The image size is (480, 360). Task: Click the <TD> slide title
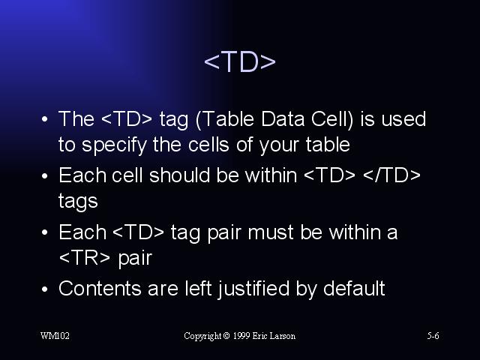tap(240, 61)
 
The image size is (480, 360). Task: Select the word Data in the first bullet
tap(283, 118)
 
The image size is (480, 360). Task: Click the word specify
tap(114, 145)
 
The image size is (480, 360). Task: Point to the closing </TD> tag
tap(391, 175)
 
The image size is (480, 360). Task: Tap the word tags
tap(78, 202)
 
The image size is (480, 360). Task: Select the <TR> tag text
tap(85, 258)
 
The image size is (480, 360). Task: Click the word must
tap(271, 232)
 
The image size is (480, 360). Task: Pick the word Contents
tap(100, 288)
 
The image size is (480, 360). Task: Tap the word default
tap(354, 288)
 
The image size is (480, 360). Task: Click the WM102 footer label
tap(55, 336)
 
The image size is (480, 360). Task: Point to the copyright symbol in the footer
tap(226, 336)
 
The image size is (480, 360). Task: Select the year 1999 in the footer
tap(241, 336)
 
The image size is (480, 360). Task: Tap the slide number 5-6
tap(433, 336)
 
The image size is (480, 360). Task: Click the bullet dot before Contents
tap(45, 289)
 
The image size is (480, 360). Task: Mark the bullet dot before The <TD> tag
tap(45, 119)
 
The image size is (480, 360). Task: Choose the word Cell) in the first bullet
tap(332, 119)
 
